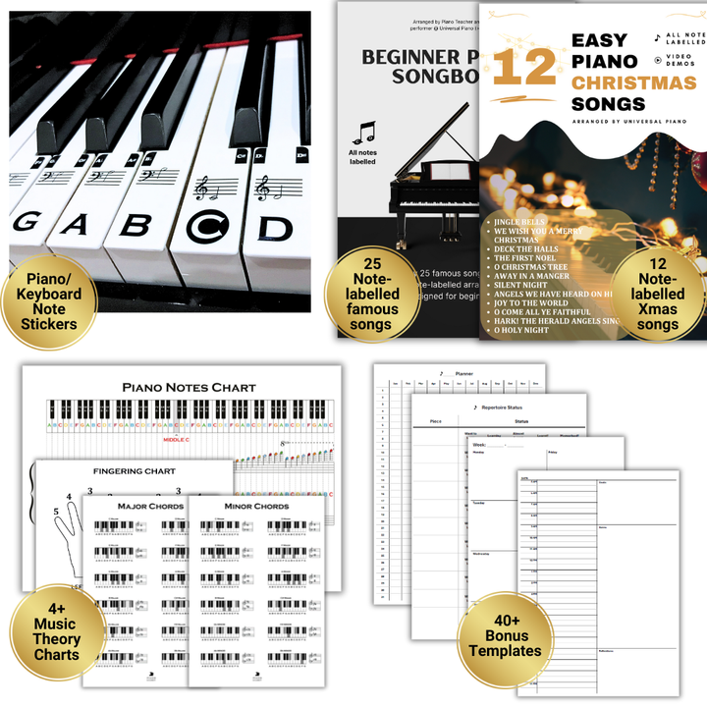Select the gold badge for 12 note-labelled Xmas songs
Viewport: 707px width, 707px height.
[x=657, y=294]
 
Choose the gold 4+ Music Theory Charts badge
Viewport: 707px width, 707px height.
[x=57, y=625]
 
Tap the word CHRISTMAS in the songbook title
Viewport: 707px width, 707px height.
[x=633, y=82]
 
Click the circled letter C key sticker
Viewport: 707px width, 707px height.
[x=207, y=226]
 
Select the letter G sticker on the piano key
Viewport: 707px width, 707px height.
[x=25, y=222]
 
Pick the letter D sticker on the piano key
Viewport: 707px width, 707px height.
[x=275, y=228]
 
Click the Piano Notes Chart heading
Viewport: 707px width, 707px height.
[x=189, y=387]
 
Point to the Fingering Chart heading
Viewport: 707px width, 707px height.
[x=135, y=471]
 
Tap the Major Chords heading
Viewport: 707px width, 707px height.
[x=150, y=507]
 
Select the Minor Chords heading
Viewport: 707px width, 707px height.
[x=257, y=507]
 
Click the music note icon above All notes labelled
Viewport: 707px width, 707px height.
[x=365, y=132]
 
